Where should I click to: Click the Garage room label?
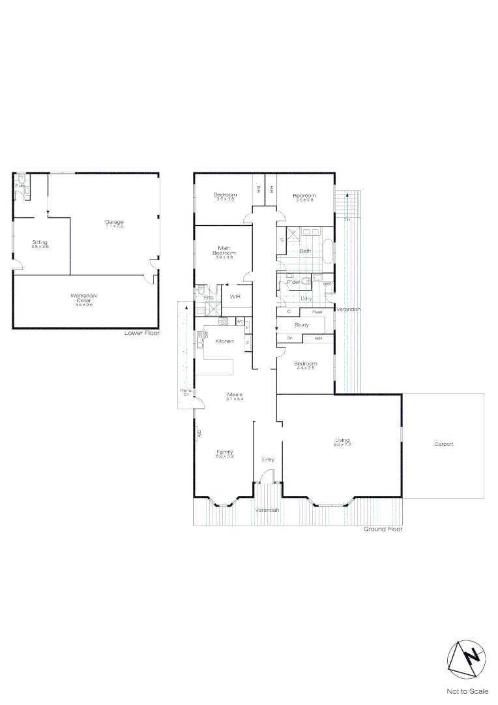tap(114, 222)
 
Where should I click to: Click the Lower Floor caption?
tap(141, 333)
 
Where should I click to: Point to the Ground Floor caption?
tap(383, 529)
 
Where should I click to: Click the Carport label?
tap(443, 444)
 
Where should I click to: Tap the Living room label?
tap(342, 441)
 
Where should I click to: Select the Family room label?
tap(225, 452)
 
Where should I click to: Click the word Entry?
tap(268, 460)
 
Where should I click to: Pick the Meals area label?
tap(235, 395)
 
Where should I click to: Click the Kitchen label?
tap(225, 341)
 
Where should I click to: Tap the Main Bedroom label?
tap(224, 249)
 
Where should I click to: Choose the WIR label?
tap(235, 296)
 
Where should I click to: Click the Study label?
tap(301, 324)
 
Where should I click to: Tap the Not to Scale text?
tap(467, 691)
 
